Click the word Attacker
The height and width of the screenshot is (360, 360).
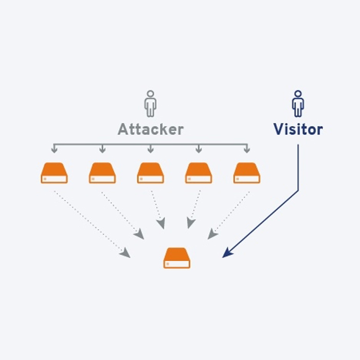tap(150, 129)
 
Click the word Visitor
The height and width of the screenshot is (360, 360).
tap(298, 129)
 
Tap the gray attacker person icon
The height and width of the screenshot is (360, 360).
tap(150, 104)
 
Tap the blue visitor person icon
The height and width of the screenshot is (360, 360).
tap(298, 104)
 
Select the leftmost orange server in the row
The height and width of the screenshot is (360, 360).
tap(54, 173)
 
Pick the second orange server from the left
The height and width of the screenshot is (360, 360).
tap(102, 173)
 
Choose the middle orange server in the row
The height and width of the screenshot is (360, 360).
tap(150, 173)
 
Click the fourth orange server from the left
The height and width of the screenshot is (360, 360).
tap(199, 173)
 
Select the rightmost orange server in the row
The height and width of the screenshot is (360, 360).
tap(247, 173)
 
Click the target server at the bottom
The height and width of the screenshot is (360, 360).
tap(177, 258)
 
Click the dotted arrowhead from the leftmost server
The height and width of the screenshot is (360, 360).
tap(125, 253)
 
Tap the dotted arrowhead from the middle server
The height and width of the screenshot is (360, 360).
tap(161, 224)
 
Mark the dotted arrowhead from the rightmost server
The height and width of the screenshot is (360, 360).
tap(212, 235)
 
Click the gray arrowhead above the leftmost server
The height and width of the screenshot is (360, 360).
tap(54, 150)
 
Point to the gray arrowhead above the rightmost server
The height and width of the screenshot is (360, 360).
tap(247, 150)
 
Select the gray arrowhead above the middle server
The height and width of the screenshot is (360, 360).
tap(150, 150)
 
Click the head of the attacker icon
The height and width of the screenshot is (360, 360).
tap(150, 94)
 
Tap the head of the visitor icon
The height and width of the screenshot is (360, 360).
tap(298, 94)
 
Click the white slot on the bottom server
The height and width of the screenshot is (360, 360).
tap(177, 264)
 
